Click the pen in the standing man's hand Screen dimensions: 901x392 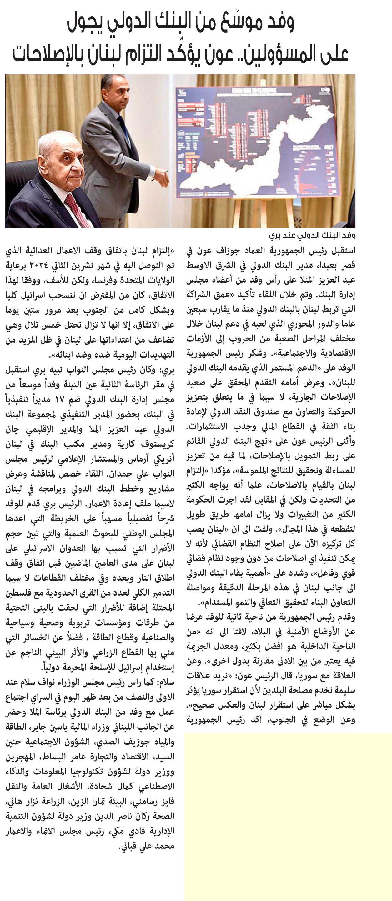tap(160, 176)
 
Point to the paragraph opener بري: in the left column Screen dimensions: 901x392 tap(167, 370)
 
